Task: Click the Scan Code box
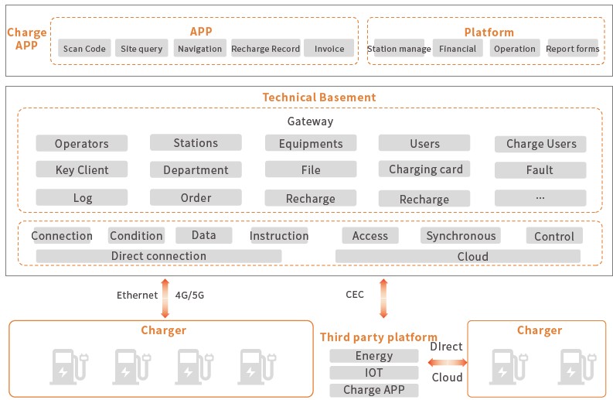click(x=84, y=49)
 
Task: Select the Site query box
click(x=141, y=49)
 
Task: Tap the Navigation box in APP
click(x=199, y=49)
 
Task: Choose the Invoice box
click(x=329, y=49)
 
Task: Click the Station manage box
click(x=399, y=49)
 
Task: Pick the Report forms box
click(x=572, y=49)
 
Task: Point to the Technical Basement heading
click(x=319, y=97)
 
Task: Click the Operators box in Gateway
click(x=82, y=144)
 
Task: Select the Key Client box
click(x=82, y=170)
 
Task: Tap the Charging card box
click(x=425, y=169)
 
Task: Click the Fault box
click(x=540, y=170)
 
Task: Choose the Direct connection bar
click(x=158, y=256)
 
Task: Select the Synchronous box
click(x=461, y=236)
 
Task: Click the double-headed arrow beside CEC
click(x=383, y=298)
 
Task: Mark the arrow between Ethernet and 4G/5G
click(x=165, y=298)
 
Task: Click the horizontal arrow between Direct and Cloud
click(x=448, y=362)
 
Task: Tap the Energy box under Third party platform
click(x=373, y=356)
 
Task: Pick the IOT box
click(x=373, y=373)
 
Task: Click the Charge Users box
click(x=541, y=144)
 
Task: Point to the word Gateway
click(x=310, y=121)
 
